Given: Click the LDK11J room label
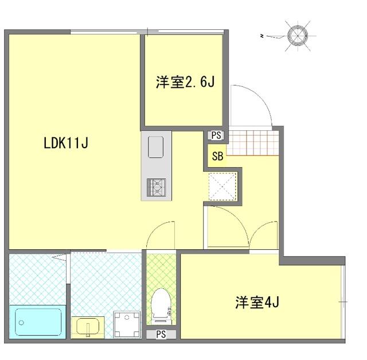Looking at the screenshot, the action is [x=66, y=143].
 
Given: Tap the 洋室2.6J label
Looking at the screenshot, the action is [x=185, y=82].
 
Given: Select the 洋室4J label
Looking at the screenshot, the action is [x=257, y=302].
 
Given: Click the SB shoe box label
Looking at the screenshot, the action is [x=217, y=156].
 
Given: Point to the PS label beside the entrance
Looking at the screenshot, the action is [x=216, y=136].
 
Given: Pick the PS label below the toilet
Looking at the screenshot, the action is [x=161, y=334].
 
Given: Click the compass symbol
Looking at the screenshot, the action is [x=298, y=36].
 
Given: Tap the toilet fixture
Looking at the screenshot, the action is [x=161, y=307].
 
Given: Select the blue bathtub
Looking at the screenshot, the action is [x=38, y=322].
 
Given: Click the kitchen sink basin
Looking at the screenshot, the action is [x=155, y=147].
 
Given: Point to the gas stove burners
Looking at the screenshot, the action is [x=156, y=187].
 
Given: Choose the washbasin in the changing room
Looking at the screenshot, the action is [x=88, y=327].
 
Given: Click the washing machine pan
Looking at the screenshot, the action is [x=127, y=324].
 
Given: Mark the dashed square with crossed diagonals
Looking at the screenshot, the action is [x=222, y=187].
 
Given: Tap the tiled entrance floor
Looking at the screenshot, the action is [x=252, y=143].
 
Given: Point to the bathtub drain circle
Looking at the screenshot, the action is [x=21, y=323].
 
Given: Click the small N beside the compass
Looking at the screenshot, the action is [x=261, y=36].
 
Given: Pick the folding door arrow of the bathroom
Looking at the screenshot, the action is [x=59, y=257].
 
